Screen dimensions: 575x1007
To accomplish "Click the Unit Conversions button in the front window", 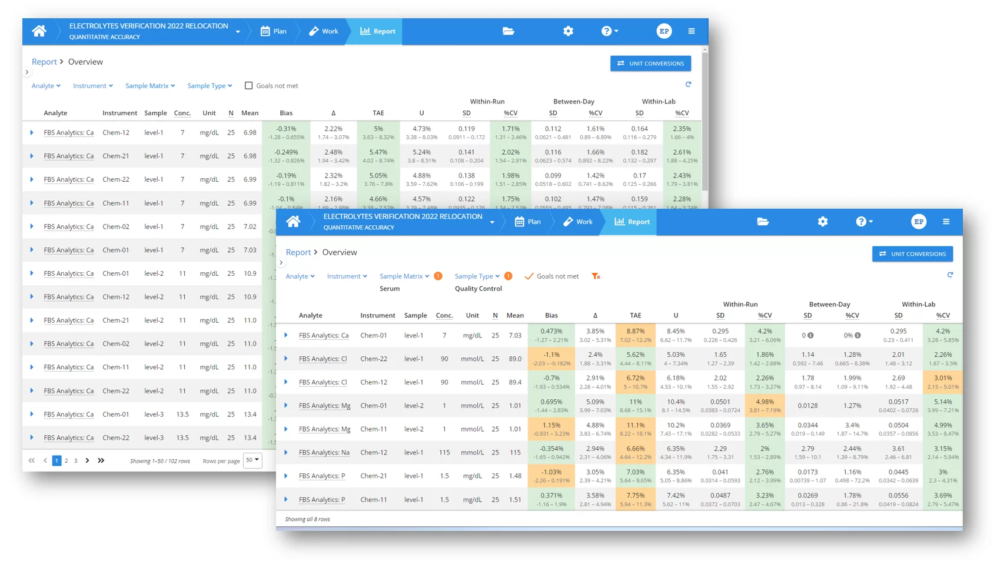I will (912, 254).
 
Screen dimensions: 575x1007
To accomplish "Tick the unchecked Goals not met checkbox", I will (249, 86).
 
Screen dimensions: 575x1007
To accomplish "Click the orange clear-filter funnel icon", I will (596, 276).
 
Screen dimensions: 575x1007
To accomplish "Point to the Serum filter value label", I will (390, 289).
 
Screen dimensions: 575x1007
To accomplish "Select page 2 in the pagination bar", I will (67, 461).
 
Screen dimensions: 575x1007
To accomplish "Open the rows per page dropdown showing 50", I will (252, 460).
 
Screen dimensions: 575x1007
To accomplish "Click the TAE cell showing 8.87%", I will (635, 335).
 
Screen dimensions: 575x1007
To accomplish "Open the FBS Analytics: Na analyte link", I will (324, 453).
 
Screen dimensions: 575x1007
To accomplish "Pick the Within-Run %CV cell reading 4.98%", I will (765, 406).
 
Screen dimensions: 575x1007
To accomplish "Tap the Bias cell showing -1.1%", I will (551, 359).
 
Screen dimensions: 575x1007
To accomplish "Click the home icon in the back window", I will (39, 31).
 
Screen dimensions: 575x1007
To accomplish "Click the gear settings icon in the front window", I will (823, 222).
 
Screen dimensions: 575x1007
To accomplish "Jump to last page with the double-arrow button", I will (101, 461).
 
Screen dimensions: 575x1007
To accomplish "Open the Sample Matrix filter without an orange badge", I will (150, 86).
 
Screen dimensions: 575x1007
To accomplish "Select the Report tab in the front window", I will (632, 222).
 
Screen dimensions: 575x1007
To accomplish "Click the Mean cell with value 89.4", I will (515, 382).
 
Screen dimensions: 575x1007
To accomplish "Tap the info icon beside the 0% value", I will (858, 336).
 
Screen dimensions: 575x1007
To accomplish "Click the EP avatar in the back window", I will (664, 31).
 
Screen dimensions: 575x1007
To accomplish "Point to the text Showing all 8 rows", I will (307, 519).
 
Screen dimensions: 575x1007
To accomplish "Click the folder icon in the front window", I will (763, 222).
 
